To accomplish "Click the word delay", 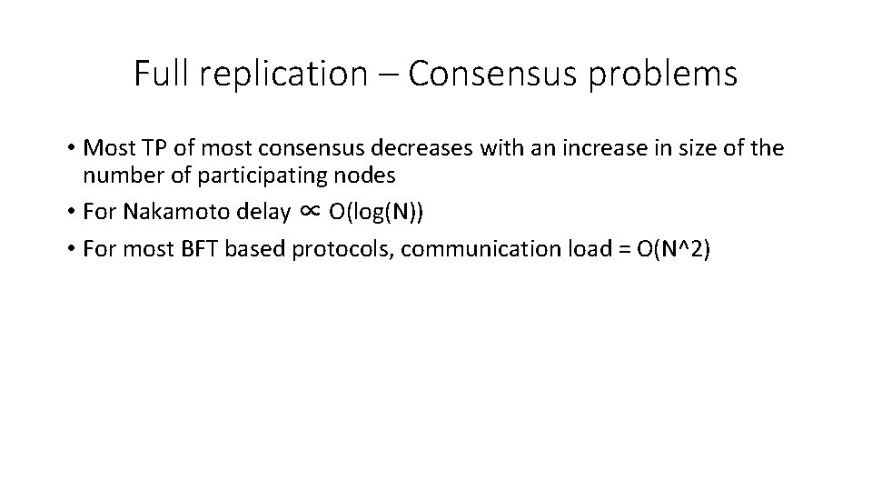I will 241,212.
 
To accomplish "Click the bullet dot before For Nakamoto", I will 71,212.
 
